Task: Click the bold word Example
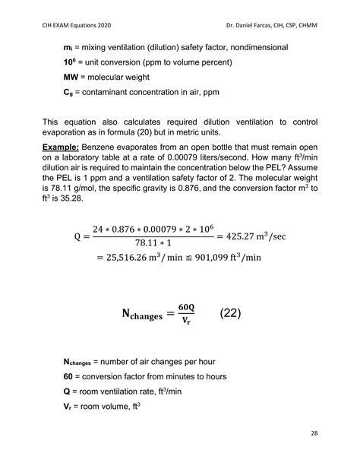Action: tap(65, 146)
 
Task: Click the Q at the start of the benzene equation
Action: tap(77, 236)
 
